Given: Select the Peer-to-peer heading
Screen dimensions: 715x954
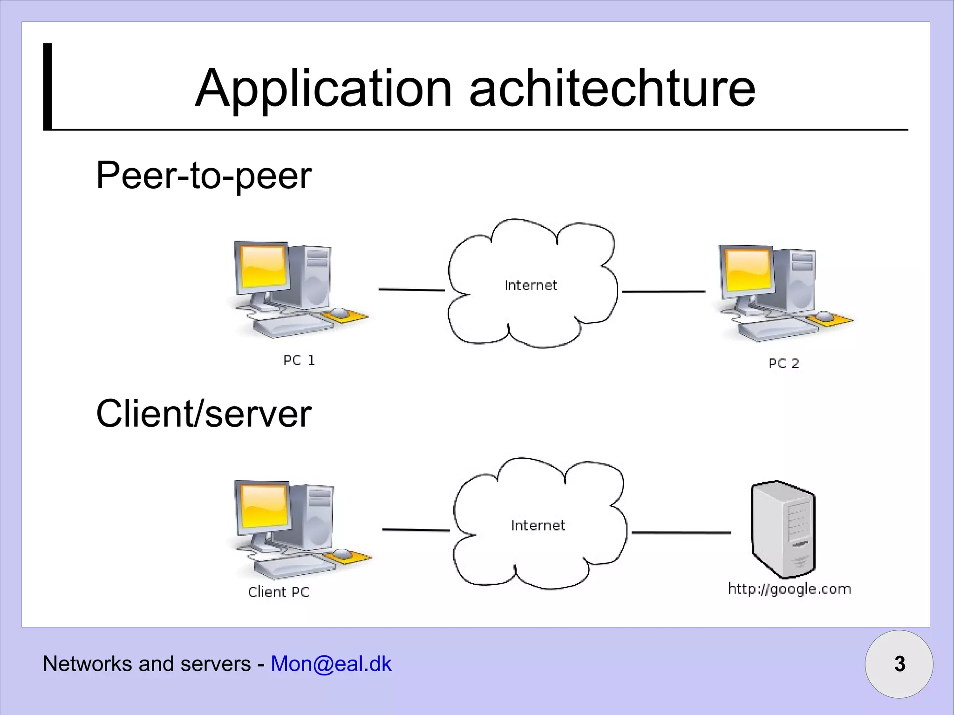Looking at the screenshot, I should (204, 176).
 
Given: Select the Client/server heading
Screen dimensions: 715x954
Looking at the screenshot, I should (204, 414).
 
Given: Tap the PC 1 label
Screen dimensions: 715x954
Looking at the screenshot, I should (299, 361).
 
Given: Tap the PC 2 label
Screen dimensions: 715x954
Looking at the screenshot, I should (784, 363).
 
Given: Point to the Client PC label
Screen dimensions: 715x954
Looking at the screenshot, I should (279, 592).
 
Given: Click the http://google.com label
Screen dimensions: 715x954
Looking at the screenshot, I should (790, 589).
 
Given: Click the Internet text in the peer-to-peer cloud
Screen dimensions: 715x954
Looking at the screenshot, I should (531, 285).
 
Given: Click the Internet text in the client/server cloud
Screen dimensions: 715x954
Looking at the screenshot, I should (538, 525).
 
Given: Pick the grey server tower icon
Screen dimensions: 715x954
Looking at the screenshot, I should (784, 529).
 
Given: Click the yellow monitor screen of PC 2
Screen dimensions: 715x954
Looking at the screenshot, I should (747, 270).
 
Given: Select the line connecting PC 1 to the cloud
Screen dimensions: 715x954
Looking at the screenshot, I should (411, 290).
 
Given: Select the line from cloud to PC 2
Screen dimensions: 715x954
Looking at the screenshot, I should (663, 292).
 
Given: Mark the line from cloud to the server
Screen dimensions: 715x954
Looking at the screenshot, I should (681, 532).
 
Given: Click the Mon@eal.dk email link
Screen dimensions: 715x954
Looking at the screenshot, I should (331, 664).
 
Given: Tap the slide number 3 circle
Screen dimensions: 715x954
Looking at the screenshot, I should (899, 664).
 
